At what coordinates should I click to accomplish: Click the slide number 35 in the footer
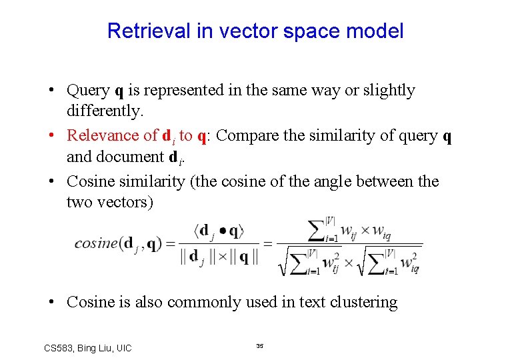coord(260,346)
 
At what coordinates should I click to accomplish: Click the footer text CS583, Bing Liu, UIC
coord(87,348)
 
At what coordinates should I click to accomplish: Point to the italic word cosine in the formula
coord(96,243)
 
